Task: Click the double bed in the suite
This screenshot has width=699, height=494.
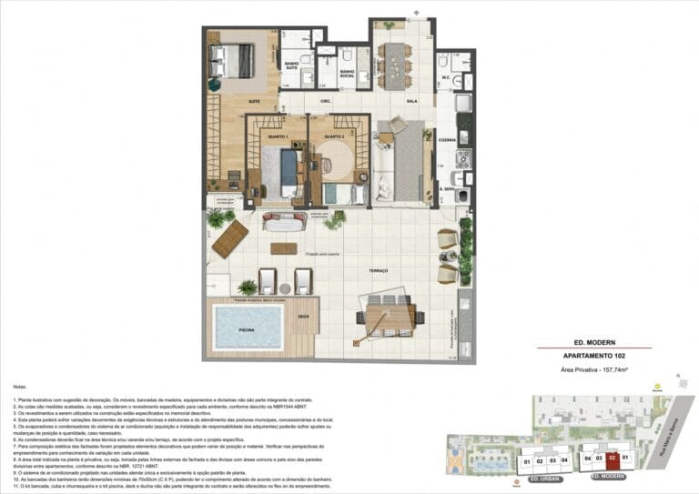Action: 237,61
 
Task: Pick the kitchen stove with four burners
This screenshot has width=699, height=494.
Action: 462,158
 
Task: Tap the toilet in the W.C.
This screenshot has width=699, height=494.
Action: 442,61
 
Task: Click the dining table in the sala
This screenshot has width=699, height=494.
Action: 393,64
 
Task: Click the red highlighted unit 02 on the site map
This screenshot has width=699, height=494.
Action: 613,459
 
